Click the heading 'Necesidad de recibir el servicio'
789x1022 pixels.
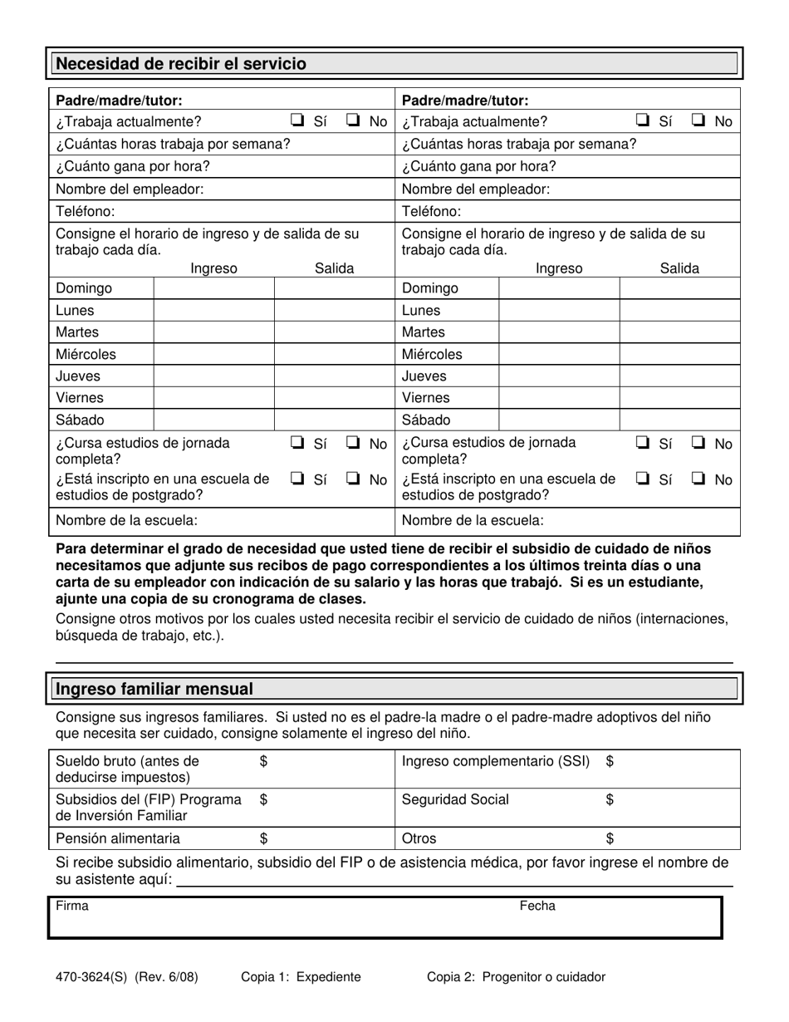180,64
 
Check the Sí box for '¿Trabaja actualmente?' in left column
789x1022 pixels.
297,120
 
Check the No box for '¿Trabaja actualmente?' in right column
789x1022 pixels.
698,120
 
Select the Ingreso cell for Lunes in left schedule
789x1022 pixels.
213,311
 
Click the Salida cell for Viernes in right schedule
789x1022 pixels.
679,398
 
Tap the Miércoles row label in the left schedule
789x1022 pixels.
86,354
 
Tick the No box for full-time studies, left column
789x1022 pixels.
352,443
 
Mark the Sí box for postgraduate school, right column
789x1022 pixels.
643,479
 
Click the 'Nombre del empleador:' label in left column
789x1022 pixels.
129,189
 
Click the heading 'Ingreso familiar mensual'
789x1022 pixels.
154,689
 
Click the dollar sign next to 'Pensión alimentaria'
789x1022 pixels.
264,838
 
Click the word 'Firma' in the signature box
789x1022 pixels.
71,907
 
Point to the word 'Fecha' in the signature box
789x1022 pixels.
537,907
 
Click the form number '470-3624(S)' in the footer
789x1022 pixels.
89,977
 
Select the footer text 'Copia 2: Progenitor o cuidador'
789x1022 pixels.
516,977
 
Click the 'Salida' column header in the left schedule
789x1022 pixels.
334,268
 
